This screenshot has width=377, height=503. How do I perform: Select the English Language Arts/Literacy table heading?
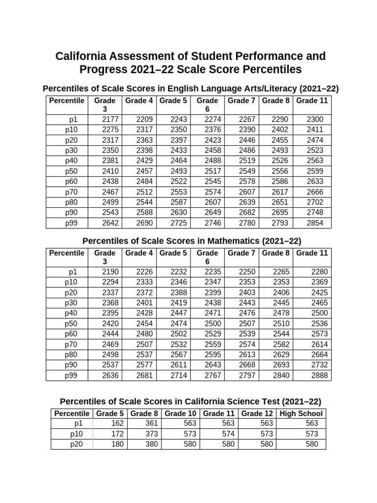(x=191, y=88)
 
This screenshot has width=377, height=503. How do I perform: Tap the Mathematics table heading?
(x=191, y=241)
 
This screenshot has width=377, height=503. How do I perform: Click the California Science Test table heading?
(x=190, y=401)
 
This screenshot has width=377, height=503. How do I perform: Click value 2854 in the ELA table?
(x=315, y=223)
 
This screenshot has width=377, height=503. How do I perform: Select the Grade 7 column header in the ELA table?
(x=242, y=101)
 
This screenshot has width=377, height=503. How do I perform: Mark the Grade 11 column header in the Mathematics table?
(x=312, y=253)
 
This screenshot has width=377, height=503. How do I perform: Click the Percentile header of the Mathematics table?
(x=66, y=253)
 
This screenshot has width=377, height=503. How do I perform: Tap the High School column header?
(x=301, y=413)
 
